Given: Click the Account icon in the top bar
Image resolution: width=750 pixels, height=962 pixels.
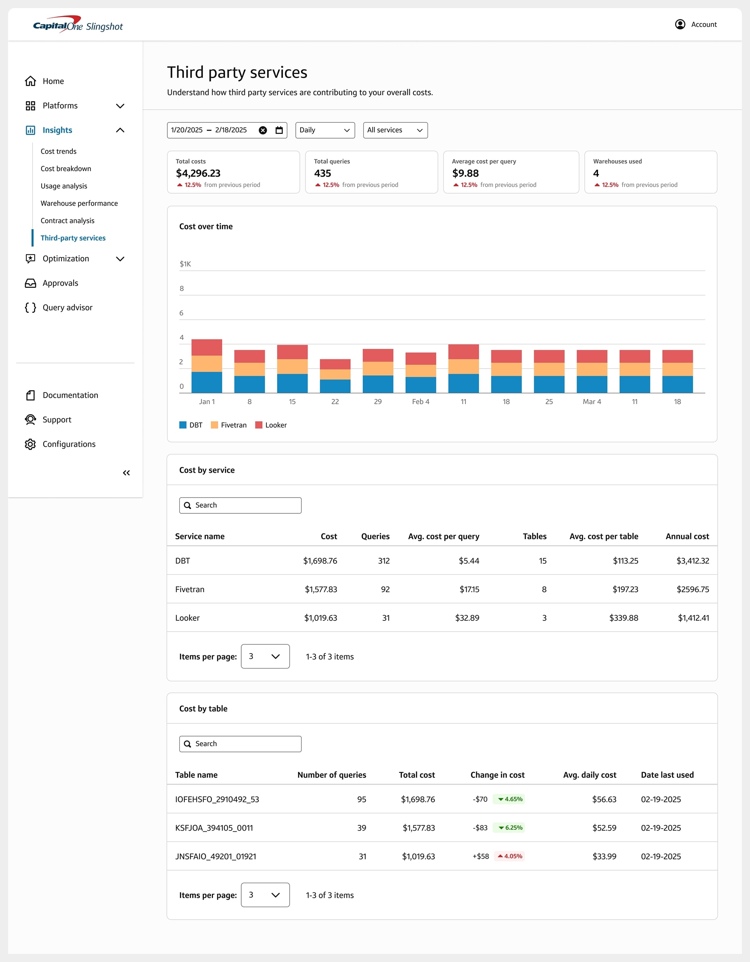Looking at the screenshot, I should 680,24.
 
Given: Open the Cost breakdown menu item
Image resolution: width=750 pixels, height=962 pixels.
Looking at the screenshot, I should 65,169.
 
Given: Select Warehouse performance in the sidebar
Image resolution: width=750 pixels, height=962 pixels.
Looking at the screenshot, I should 79,203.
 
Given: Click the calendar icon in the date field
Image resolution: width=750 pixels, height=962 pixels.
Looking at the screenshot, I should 279,130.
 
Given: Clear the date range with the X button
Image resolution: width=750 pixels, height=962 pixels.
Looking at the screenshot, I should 263,130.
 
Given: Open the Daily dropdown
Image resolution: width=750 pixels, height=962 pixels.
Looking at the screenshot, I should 324,130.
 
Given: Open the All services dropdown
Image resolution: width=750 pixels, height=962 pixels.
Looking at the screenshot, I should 395,130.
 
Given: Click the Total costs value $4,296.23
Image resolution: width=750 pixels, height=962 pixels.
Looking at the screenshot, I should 198,173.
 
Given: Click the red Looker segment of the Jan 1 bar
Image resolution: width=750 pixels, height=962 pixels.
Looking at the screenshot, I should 206,347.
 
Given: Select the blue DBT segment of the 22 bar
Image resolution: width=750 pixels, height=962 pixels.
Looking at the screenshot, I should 335,386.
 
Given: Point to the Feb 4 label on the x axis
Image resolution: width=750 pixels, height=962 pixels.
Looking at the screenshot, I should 420,402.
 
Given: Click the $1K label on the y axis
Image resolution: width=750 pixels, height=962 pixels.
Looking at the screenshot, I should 185,264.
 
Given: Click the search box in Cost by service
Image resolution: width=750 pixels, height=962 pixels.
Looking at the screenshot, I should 240,505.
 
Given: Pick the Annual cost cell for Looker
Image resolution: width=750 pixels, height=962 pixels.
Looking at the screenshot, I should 693,618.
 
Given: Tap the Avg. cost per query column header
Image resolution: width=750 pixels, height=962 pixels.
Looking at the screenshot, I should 443,536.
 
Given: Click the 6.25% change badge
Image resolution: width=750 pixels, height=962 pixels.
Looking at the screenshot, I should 510,828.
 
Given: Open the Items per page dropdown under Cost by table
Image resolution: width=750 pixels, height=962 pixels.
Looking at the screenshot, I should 265,894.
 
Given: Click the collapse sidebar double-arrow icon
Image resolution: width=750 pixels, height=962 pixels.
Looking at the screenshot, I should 126,473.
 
